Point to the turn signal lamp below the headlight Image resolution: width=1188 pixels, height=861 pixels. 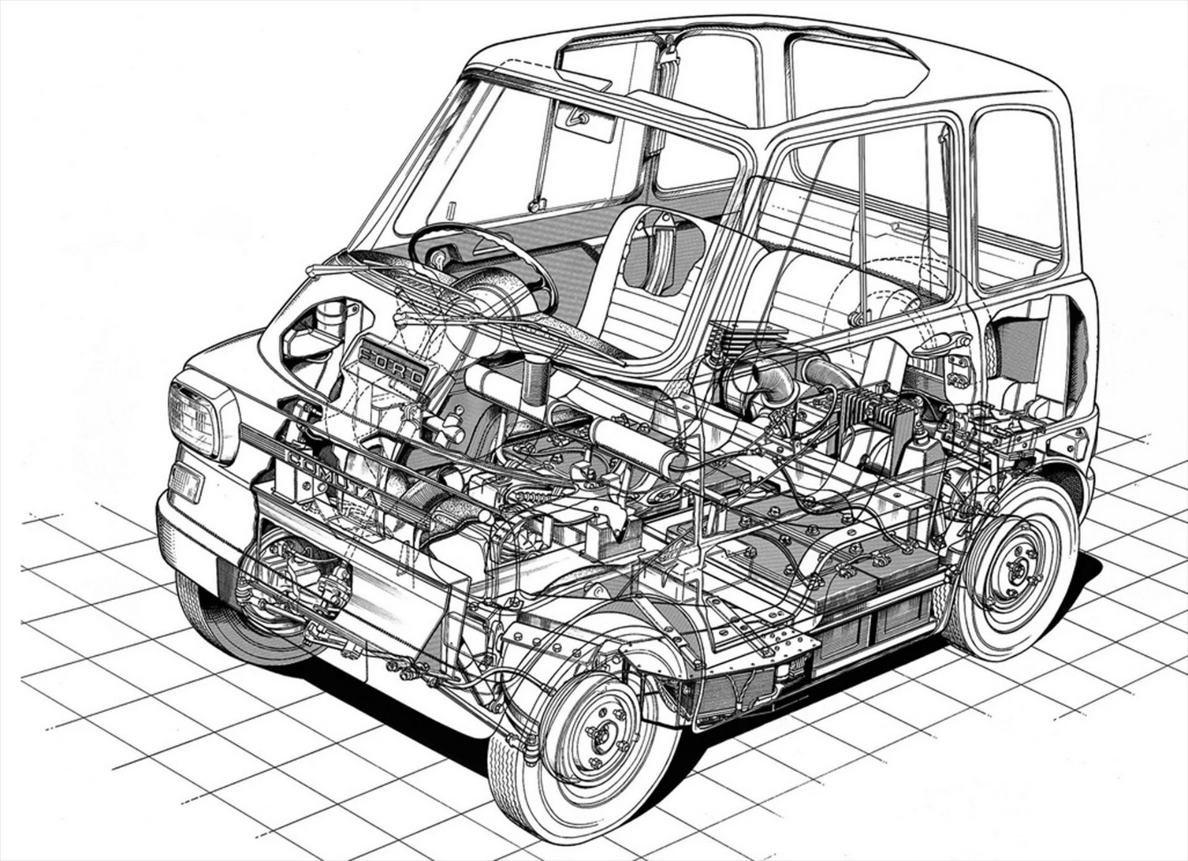[186, 482]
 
